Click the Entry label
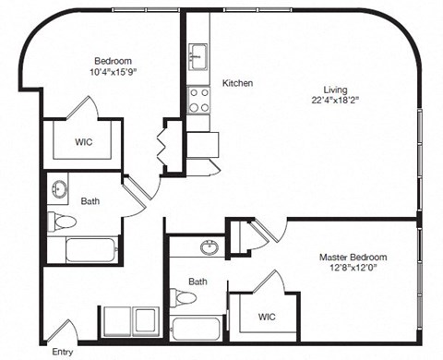(x=63, y=352)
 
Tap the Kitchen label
(x=238, y=84)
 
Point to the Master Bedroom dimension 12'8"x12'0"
(x=353, y=269)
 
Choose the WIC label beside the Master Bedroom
(x=268, y=317)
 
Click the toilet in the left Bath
(x=62, y=222)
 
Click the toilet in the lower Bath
(x=184, y=298)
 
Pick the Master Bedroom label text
(x=353, y=257)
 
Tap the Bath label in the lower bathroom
(x=198, y=281)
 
